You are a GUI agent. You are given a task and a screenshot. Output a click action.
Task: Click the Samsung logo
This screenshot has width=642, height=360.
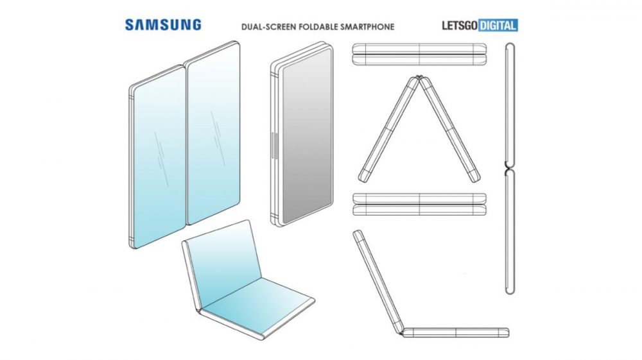click(x=163, y=25)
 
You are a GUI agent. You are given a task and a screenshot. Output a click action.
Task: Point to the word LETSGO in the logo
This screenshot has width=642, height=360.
click(x=460, y=26)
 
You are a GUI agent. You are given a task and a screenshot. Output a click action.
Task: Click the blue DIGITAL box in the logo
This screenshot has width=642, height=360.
click(x=498, y=26)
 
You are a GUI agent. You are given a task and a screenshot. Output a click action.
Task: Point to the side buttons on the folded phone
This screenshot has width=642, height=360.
click(x=274, y=146)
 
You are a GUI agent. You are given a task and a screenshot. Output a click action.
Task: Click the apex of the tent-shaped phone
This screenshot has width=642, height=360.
click(x=419, y=76)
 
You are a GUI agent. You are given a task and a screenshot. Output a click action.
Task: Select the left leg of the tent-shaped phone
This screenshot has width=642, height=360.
click(x=388, y=129)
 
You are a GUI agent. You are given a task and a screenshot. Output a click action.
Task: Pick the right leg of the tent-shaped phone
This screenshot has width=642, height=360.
click(x=449, y=129)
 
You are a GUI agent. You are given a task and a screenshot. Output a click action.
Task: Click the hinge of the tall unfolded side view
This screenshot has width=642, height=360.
click(x=509, y=168)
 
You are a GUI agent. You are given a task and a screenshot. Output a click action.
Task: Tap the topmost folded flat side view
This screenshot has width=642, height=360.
click(x=419, y=54)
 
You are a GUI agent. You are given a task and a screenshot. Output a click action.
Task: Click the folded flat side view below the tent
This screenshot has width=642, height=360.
click(x=419, y=205)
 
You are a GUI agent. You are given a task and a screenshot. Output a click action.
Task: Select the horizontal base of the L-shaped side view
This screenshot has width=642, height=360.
click(x=455, y=332)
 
